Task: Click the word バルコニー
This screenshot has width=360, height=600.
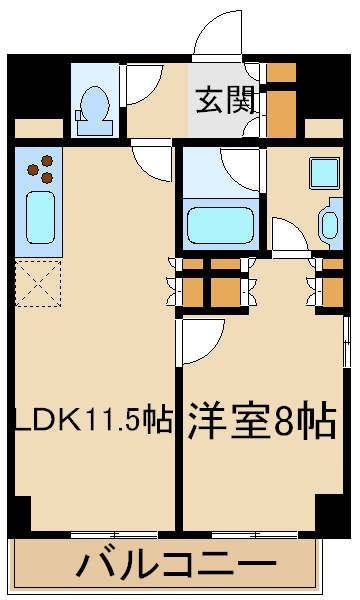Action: coord(176,567)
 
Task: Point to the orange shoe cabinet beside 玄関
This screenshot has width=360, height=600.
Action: coord(281,101)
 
